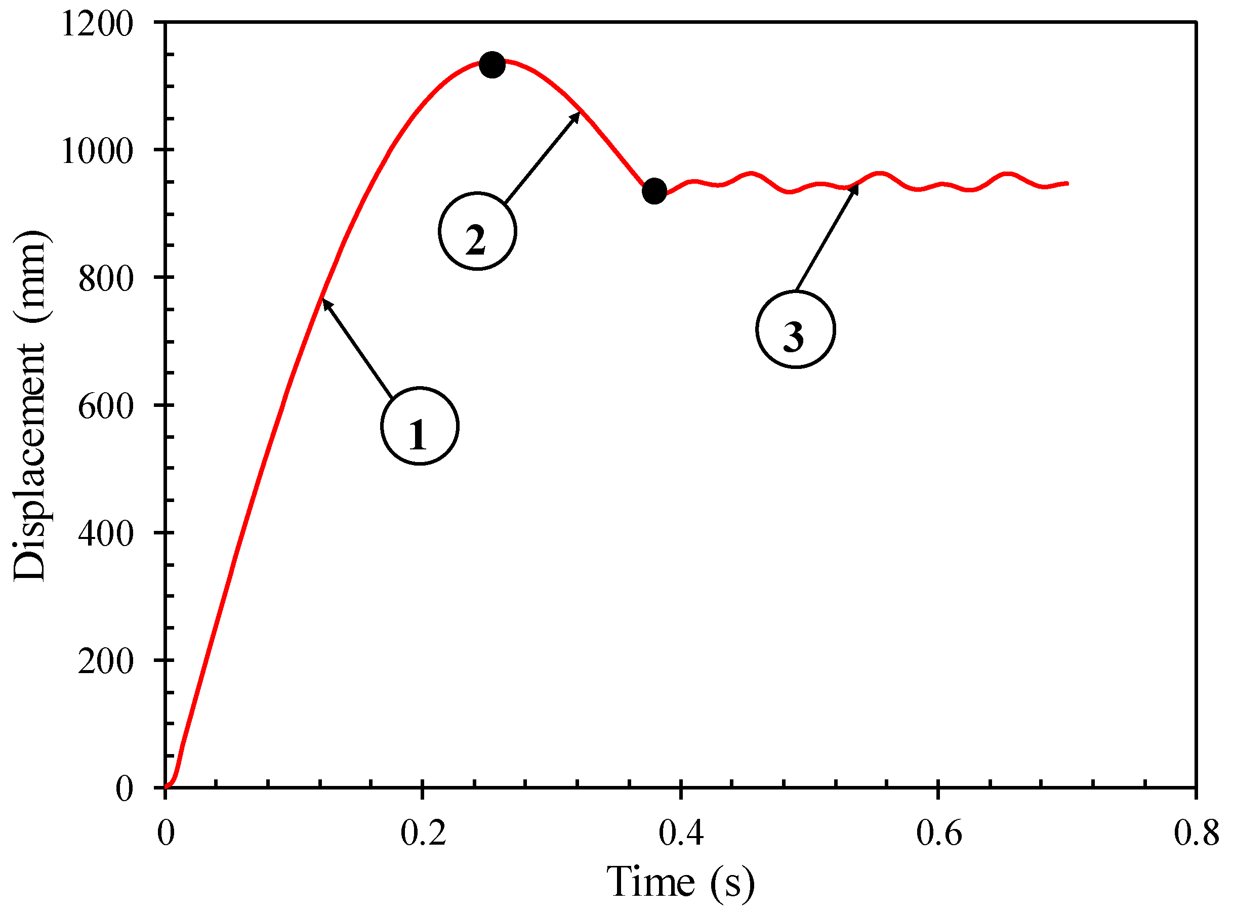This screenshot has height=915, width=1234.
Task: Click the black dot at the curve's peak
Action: [492, 65]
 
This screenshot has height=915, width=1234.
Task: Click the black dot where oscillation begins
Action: [654, 191]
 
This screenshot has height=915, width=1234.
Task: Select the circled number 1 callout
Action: [420, 426]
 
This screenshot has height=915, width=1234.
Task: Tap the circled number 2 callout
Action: [477, 231]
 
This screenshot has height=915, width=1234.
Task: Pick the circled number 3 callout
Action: [795, 329]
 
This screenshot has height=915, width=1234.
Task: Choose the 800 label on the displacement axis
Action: [106, 277]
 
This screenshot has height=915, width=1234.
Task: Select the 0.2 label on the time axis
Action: [423, 833]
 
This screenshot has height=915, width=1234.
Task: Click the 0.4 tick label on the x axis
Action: [681, 833]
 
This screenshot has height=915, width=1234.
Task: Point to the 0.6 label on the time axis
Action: [938, 833]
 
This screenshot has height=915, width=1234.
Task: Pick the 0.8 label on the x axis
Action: [1197, 833]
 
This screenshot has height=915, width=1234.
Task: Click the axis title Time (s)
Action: [680, 882]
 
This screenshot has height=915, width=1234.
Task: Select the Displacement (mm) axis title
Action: [30, 405]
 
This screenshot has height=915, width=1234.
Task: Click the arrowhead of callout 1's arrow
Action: [325, 301]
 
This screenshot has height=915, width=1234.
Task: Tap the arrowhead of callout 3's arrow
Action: [856, 187]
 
